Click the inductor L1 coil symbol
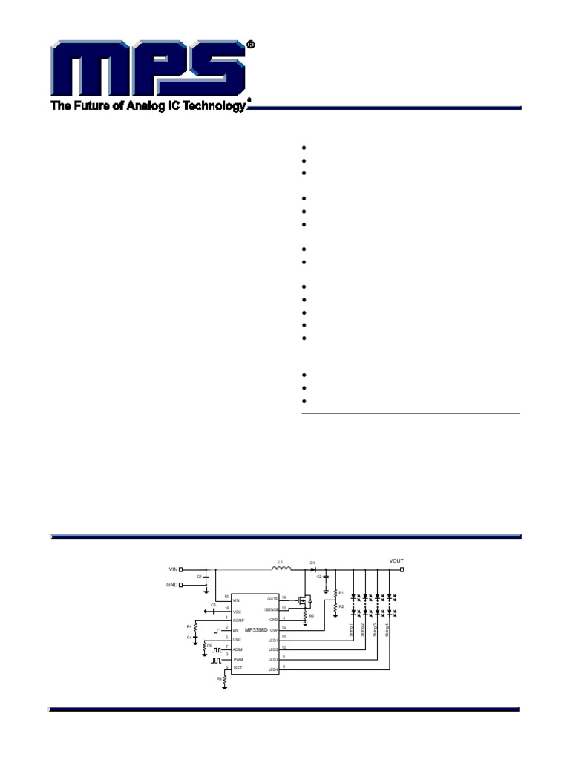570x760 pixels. point(281,569)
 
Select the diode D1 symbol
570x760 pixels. point(312,569)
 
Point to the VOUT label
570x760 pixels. point(397,560)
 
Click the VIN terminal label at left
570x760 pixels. point(174,570)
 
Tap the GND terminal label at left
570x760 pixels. point(172,585)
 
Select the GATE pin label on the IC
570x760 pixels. point(272,598)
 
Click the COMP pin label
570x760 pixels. point(237,620)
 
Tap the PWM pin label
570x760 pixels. point(237,659)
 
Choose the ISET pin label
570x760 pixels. point(237,669)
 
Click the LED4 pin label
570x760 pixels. point(272,669)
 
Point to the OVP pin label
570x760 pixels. point(273,629)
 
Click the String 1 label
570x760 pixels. point(352,630)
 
